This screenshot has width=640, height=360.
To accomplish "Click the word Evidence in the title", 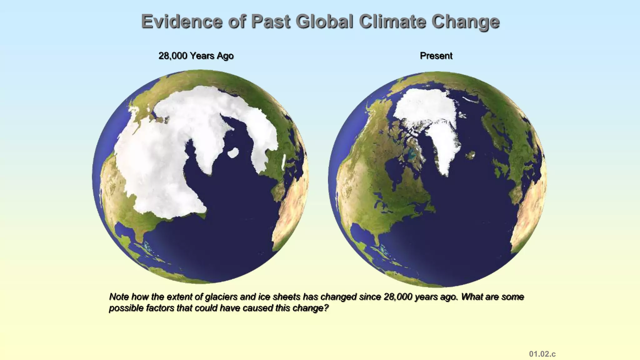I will [182, 22].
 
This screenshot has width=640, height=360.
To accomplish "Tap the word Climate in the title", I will [392, 22].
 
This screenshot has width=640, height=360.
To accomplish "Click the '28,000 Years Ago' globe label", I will [196, 56].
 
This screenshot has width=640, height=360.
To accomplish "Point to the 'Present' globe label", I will [436, 56].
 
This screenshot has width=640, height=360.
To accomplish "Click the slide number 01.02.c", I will [542, 354].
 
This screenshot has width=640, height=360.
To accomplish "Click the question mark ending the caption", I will [326, 308].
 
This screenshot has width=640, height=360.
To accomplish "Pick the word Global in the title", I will [324, 22].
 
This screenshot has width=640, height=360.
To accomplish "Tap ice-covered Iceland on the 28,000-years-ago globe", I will [233, 153].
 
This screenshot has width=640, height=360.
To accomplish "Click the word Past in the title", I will [270, 22].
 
